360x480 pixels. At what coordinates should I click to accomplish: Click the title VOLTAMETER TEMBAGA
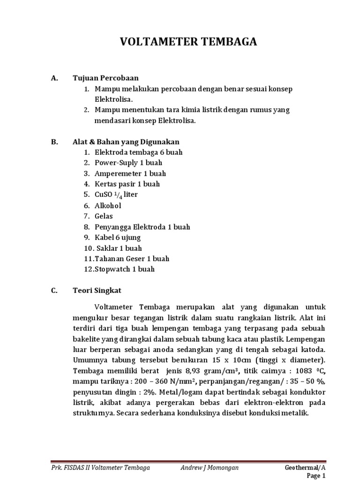(x=188, y=42)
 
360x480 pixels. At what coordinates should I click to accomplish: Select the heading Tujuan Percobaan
(x=105, y=78)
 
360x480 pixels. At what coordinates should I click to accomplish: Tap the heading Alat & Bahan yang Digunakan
(x=126, y=142)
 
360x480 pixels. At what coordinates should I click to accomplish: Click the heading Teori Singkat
(x=97, y=290)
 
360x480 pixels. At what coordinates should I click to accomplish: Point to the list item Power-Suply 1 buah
(x=128, y=163)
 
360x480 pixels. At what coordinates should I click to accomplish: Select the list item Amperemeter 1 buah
(x=130, y=173)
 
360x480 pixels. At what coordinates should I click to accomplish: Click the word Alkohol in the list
(x=108, y=205)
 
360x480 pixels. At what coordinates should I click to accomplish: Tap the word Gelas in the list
(x=104, y=216)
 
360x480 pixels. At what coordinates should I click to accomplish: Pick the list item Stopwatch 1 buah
(x=124, y=269)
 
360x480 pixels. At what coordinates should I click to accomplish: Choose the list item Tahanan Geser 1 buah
(x=132, y=258)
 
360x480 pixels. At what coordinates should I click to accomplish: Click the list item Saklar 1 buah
(x=118, y=248)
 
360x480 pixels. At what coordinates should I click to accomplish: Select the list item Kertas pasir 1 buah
(x=127, y=184)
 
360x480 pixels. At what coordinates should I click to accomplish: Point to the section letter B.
(x=54, y=142)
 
